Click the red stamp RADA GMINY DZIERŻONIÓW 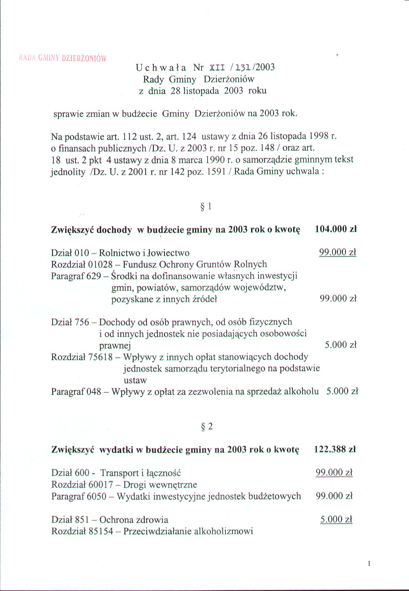[x=62, y=58]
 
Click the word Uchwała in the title [x=161, y=67]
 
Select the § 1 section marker [x=206, y=206]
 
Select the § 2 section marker [x=207, y=427]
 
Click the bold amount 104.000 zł [x=336, y=229]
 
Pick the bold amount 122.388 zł [x=335, y=449]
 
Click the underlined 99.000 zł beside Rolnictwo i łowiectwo [x=337, y=252]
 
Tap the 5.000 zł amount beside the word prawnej [x=340, y=345]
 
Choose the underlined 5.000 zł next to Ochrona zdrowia [x=336, y=519]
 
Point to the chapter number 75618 [x=101, y=357]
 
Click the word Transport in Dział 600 [x=119, y=473]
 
